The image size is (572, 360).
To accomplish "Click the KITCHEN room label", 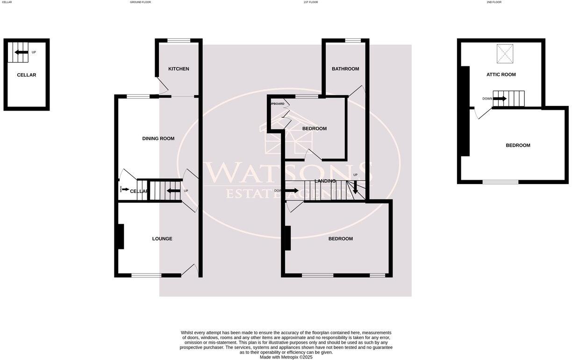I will coord(179,69).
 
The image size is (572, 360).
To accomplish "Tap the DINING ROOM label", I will coord(158,139).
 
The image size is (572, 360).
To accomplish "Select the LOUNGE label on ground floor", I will coord(162,239).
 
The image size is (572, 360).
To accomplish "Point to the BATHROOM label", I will coord(345,69).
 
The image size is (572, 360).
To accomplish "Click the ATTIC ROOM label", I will coord(501,75).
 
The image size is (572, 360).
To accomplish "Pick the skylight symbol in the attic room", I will coord(505,53).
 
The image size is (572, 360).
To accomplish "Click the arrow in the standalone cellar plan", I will coord(21,52).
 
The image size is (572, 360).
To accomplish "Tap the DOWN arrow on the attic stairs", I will coord(500,99).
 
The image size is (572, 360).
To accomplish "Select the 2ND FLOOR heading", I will coord(494,2).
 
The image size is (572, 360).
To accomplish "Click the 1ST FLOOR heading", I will coord(311,2).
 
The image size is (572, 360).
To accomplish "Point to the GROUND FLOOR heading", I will coord(140,2).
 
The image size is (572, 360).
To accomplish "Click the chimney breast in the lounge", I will coord(121,237).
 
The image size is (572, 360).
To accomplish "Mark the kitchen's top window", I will coord(179,41).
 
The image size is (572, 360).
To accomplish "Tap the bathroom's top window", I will coord(353,41).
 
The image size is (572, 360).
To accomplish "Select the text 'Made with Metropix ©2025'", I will coord(286,357).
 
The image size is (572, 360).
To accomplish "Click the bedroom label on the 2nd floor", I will coord(518,146).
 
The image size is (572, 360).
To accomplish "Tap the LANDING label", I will coord(325,181).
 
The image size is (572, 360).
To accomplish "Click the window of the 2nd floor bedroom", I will coord(500,182).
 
